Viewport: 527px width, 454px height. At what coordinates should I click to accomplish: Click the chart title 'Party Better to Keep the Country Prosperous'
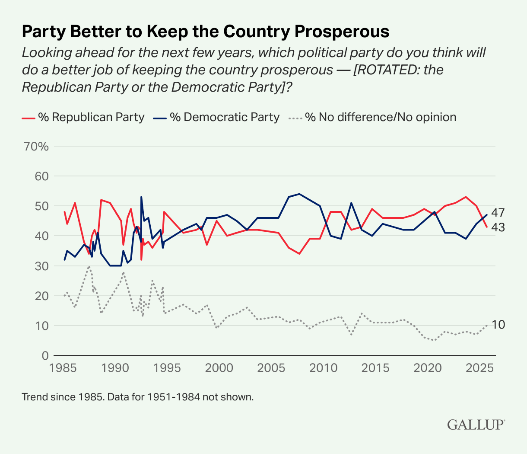205,32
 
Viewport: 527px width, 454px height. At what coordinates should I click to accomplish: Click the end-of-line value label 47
498,213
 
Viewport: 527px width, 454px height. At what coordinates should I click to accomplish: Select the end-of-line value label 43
498,227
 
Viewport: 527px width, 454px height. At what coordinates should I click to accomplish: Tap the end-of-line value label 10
498,325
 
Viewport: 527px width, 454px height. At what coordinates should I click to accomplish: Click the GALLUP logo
475,424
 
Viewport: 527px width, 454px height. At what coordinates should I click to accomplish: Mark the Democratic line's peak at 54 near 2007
299,194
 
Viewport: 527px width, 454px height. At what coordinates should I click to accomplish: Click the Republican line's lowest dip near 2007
299,253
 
